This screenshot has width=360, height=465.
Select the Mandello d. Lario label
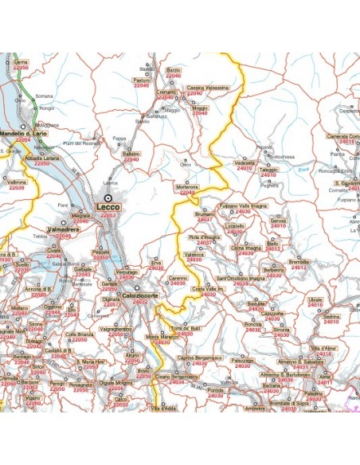pos(20,133)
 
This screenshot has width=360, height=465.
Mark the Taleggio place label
pos(268,169)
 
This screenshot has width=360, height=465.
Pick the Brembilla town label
pos(299,261)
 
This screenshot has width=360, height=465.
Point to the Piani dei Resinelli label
pos(82,144)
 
